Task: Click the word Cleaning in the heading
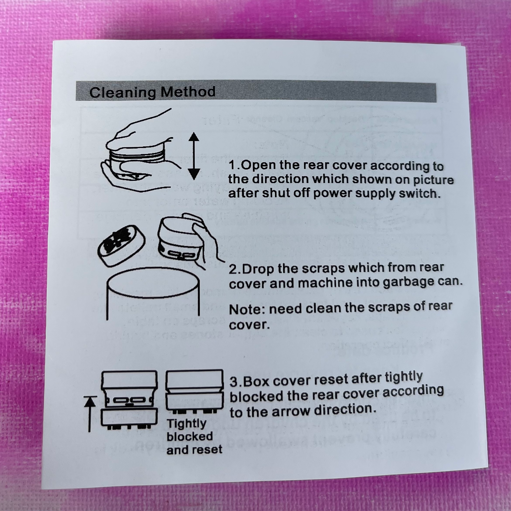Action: (122, 93)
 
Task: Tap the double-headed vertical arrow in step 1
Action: (194, 156)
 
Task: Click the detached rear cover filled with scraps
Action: (121, 245)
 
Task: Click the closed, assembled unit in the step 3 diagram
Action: (194, 391)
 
